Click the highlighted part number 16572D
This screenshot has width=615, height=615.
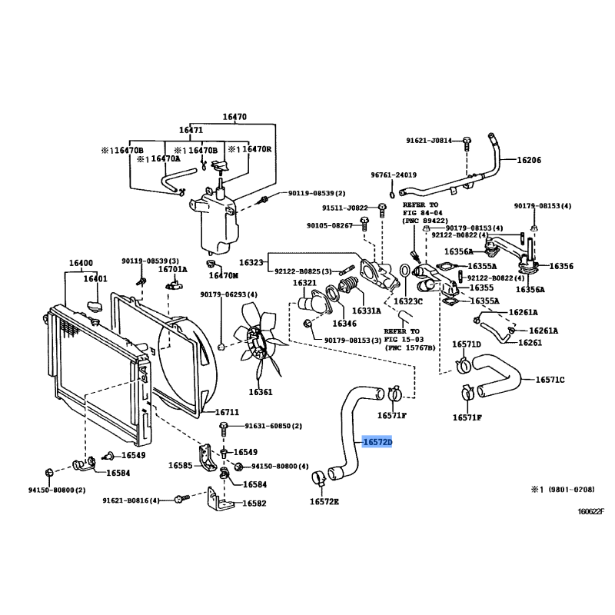coord(377,444)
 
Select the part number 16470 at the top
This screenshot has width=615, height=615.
coord(234,117)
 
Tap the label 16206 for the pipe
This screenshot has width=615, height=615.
coord(528,161)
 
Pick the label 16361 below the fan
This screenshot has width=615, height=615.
coord(261,392)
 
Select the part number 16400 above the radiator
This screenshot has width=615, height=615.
coord(81,263)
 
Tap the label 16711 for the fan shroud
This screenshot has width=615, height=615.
coord(228,412)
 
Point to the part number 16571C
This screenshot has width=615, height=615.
coord(550,380)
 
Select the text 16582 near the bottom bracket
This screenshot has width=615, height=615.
coord(254,504)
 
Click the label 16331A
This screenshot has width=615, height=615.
coord(367,311)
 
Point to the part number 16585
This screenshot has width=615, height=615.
coord(181,466)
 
